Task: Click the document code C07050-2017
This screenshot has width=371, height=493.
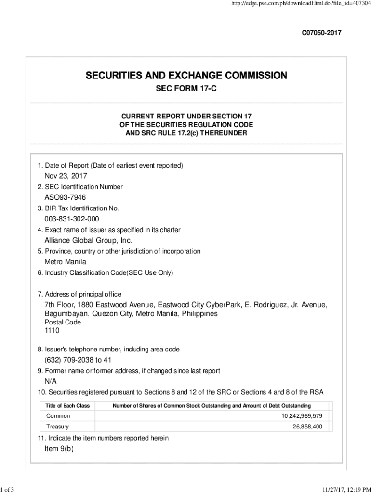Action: click(x=321, y=33)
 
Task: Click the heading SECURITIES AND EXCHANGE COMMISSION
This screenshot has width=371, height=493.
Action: click(x=186, y=76)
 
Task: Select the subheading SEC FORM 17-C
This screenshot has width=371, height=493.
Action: click(x=186, y=90)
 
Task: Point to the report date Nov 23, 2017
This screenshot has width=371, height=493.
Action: click(x=66, y=176)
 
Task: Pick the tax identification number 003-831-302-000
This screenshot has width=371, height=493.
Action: click(x=72, y=219)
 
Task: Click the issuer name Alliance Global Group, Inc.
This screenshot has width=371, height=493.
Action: click(x=88, y=240)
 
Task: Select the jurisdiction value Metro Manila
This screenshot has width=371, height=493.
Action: click(x=66, y=262)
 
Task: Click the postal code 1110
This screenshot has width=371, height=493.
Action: click(x=53, y=331)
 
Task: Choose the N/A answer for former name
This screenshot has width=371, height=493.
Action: click(x=51, y=381)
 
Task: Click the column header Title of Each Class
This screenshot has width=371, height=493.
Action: click(x=68, y=406)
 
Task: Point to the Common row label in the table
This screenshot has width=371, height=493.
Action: click(x=58, y=416)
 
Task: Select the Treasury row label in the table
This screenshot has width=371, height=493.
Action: click(x=58, y=427)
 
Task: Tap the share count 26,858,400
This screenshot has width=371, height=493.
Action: click(x=307, y=427)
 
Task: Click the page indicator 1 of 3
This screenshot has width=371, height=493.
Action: click(x=7, y=490)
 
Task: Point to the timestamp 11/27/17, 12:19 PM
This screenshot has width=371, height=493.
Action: click(x=344, y=490)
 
